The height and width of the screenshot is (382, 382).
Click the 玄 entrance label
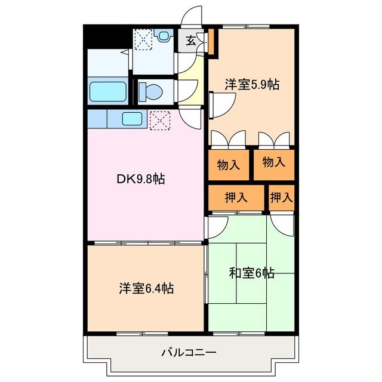[190, 41]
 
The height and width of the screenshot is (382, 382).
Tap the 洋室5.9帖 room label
[252, 85]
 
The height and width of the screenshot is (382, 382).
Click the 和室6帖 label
[252, 273]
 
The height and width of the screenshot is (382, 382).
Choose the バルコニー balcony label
[189, 352]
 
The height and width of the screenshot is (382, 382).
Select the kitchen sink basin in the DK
[132, 118]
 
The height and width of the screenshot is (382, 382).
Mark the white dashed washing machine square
[143, 41]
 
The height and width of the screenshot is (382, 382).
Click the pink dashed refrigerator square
[159, 119]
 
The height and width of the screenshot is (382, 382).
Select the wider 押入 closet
[236, 198]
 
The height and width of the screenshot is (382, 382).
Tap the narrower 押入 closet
[281, 198]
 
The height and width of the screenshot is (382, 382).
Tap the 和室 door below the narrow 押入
[282, 223]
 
